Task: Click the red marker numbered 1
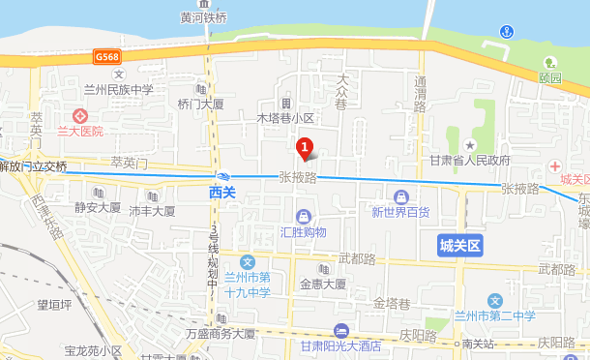305,149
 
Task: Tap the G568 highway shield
107,59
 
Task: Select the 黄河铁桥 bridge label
203,16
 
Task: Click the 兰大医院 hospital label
79,131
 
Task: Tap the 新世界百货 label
400,212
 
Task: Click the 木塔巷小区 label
285,118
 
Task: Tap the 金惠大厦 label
322,285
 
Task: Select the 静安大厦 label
98,207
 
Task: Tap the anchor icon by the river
505,33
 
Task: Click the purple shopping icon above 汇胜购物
304,215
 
